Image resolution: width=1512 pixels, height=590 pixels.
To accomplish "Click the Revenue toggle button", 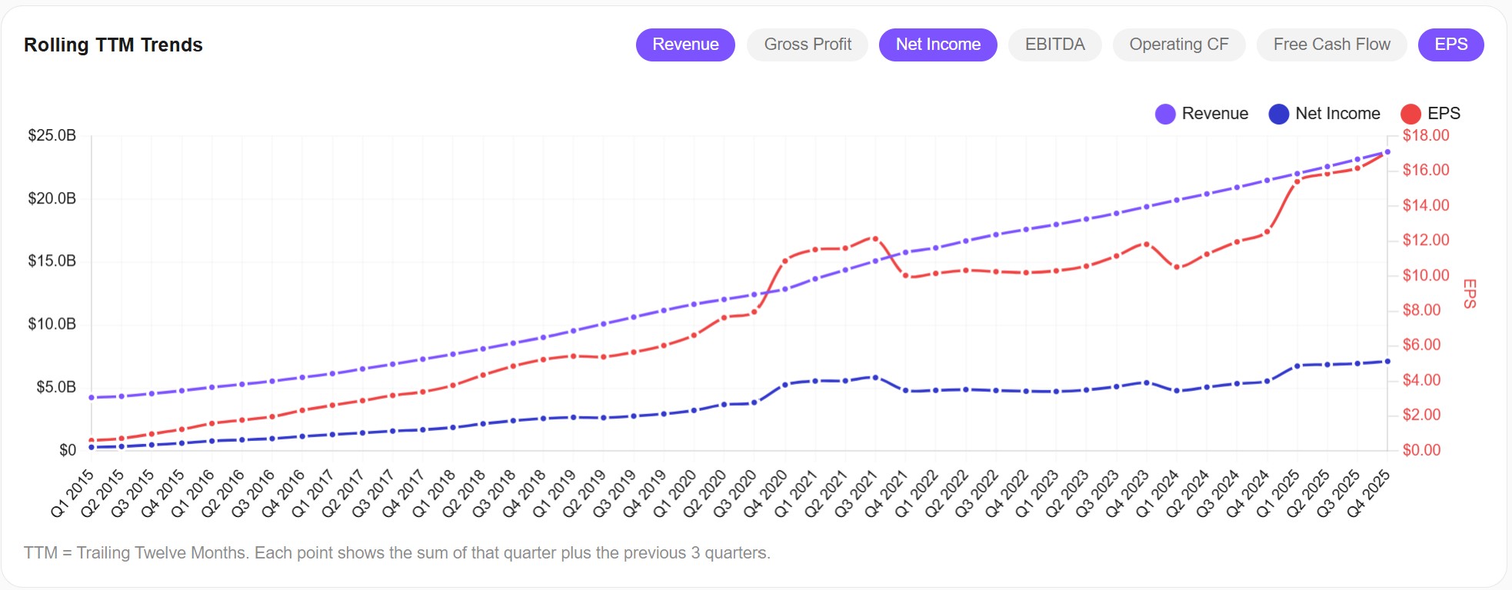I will (685, 45).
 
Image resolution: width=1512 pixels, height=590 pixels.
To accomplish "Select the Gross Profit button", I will (808, 45).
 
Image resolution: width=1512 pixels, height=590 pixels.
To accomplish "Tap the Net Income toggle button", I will (938, 45).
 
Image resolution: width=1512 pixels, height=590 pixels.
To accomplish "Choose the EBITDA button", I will (1054, 45).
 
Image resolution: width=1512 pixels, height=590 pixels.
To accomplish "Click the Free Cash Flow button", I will (1331, 45).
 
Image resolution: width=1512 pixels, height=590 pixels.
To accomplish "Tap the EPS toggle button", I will (1450, 45).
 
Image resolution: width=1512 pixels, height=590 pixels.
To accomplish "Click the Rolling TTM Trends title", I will (113, 45).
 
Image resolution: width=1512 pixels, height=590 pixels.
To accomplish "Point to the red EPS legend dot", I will (1410, 114).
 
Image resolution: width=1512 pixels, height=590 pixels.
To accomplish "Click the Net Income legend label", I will (1337, 114).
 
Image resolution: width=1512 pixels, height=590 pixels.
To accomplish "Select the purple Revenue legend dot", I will (1165, 114).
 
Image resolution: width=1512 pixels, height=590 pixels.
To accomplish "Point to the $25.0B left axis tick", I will (52, 136).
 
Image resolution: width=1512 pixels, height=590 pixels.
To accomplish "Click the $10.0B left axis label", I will (52, 324).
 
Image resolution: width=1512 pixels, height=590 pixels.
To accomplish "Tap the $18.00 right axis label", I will (1426, 136).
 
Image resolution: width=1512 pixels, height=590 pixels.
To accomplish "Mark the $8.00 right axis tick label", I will (1421, 310).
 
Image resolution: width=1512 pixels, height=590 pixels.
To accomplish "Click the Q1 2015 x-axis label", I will (72, 493).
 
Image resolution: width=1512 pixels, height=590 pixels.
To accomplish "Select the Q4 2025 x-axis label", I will (1368, 493).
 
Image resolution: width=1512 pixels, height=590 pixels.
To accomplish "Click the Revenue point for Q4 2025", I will (1387, 152).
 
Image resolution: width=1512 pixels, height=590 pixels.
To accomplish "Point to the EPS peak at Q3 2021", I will (875, 239).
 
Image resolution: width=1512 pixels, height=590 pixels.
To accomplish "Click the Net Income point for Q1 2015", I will (92, 447).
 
